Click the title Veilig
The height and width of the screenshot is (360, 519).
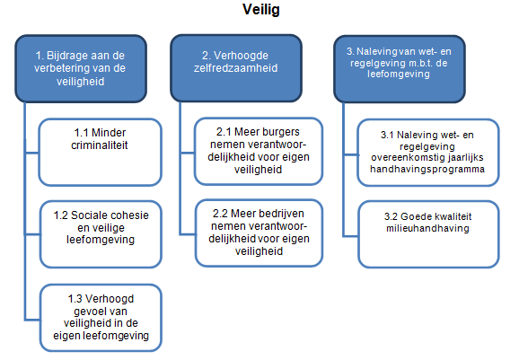pos(261,10)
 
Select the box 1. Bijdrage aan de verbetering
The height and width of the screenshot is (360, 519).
pos(81,68)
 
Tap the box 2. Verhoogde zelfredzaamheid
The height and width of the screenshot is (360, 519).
pos(236,68)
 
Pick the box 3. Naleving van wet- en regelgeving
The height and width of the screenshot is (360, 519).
pos(400,69)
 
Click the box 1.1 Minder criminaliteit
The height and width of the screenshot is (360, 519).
pos(100,153)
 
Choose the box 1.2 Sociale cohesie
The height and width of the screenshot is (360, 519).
pos(101,234)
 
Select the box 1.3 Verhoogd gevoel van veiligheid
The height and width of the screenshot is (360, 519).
pos(101,318)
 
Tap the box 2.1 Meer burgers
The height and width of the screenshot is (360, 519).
pos(259,151)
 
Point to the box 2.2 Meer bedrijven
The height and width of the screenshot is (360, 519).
pos(259,233)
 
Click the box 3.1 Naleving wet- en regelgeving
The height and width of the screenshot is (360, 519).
pos(428,153)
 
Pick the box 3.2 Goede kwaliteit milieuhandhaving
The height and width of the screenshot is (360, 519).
pos(428,234)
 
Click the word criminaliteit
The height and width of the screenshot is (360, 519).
pos(100,145)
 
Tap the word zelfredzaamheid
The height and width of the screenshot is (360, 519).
pos(235,68)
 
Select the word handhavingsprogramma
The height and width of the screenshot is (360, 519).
pos(427,169)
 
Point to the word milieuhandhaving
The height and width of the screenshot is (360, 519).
pos(427,228)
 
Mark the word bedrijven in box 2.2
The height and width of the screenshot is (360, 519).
pos(285,214)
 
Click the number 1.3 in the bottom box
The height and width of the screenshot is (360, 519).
pos(75,299)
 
